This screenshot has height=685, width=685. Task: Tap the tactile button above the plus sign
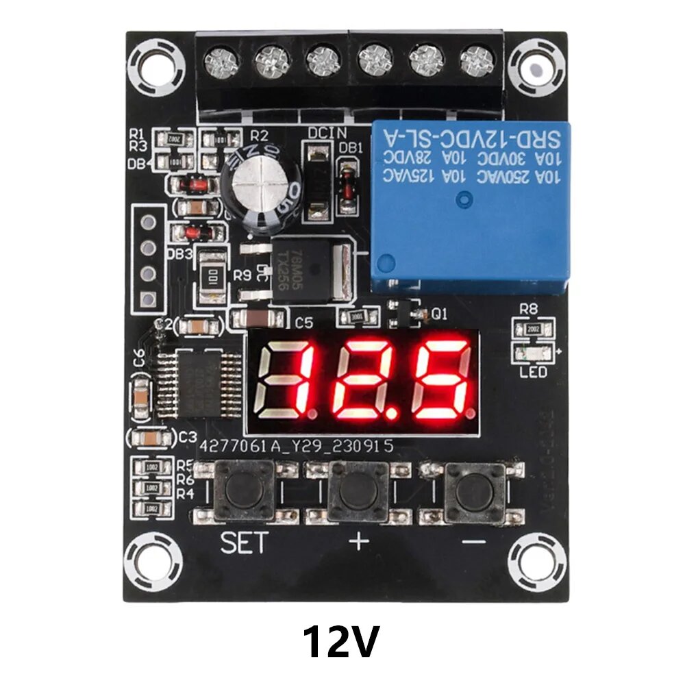(x=358, y=491)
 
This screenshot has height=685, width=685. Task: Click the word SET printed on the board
(x=245, y=543)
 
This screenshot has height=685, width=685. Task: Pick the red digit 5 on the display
(x=440, y=379)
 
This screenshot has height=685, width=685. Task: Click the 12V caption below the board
(x=340, y=642)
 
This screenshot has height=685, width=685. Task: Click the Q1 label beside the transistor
(x=440, y=314)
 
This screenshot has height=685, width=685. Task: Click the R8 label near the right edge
(x=528, y=309)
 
